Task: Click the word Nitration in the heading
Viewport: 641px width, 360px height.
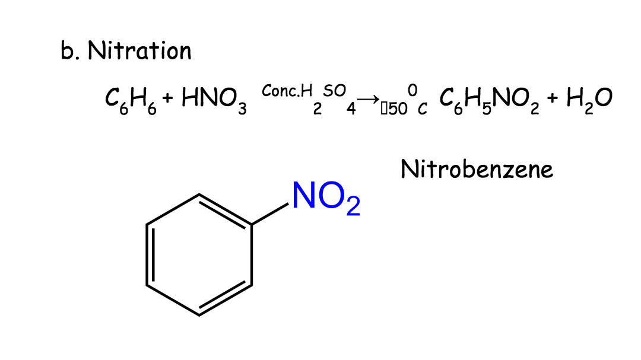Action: coord(139,50)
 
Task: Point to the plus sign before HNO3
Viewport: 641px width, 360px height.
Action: coord(167,98)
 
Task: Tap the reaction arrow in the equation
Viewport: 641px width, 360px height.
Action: coord(368,98)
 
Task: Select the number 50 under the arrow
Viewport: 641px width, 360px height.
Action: coord(398,109)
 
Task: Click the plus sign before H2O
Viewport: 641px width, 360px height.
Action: coord(553,98)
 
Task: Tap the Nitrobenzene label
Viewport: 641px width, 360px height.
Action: coord(477,169)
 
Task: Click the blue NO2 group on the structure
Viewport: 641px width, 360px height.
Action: coord(326,197)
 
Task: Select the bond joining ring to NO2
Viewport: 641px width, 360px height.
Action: coord(270,214)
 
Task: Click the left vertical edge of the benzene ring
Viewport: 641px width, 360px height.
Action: coord(147,254)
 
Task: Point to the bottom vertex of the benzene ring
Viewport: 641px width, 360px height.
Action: coord(199,316)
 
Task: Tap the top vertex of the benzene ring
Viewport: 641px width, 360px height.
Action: coord(199,195)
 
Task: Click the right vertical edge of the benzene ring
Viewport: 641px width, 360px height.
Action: coord(252,254)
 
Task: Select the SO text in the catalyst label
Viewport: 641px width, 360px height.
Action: coord(334,91)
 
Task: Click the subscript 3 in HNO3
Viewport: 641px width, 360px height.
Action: coord(242,109)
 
